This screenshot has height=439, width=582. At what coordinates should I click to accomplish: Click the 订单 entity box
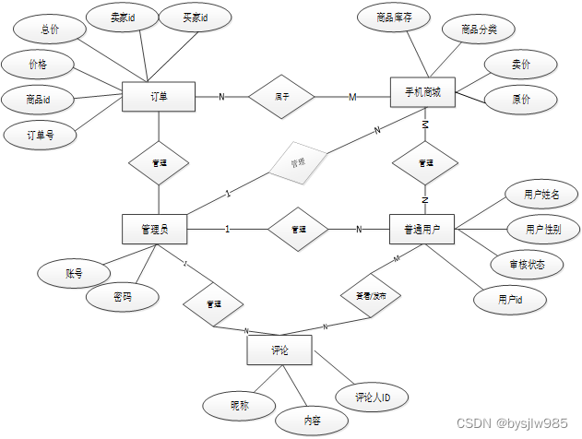pyautogui.click(x=159, y=96)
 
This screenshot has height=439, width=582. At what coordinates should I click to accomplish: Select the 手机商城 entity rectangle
pyautogui.click(x=422, y=96)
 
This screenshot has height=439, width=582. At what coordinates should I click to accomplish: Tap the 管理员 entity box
pyautogui.click(x=157, y=229)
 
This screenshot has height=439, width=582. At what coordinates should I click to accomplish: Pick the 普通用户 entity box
pyautogui.click(x=422, y=229)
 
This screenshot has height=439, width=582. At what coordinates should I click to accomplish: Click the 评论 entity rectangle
pyautogui.click(x=279, y=350)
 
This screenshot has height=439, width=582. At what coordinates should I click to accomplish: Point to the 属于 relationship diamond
pyautogui.click(x=282, y=96)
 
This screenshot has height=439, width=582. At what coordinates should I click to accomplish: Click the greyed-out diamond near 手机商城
pyautogui.click(x=298, y=161)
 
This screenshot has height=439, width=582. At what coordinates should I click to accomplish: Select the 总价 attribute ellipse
pyautogui.click(x=50, y=29)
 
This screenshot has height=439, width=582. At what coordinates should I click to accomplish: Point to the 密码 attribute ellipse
pyautogui.click(x=123, y=298)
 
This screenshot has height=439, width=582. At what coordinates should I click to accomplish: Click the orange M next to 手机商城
pyautogui.click(x=351, y=97)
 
